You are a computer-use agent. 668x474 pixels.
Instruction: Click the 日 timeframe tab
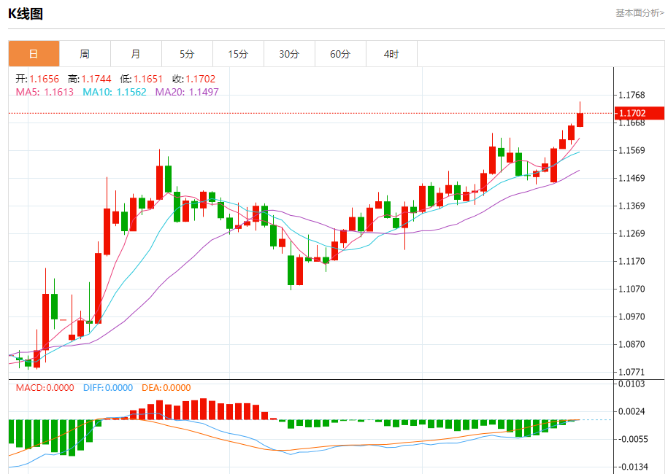[34, 54]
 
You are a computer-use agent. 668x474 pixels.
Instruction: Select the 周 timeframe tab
[85, 54]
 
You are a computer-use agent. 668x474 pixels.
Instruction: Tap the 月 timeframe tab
[136, 54]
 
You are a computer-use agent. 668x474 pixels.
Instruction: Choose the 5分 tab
[187, 54]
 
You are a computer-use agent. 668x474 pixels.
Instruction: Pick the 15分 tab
[238, 54]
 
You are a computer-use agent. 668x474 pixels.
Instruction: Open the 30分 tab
[289, 54]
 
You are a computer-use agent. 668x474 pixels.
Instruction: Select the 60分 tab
[340, 54]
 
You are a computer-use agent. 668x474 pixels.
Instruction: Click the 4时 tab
[391, 54]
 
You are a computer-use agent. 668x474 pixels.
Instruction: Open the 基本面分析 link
[640, 13]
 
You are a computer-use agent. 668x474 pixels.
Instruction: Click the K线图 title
[26, 13]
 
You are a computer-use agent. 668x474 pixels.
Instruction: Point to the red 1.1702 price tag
[640, 113]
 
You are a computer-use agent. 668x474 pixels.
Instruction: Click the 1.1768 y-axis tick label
[631, 95]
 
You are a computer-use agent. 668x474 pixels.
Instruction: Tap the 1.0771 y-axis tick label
[631, 372]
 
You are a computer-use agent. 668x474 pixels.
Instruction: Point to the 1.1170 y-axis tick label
[631, 261]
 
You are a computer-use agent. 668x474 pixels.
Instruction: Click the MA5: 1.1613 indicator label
[45, 92]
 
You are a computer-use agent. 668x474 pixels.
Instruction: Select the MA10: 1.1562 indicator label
[115, 92]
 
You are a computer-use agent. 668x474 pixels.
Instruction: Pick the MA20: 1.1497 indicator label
[187, 92]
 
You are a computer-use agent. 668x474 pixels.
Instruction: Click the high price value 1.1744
[96, 79]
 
